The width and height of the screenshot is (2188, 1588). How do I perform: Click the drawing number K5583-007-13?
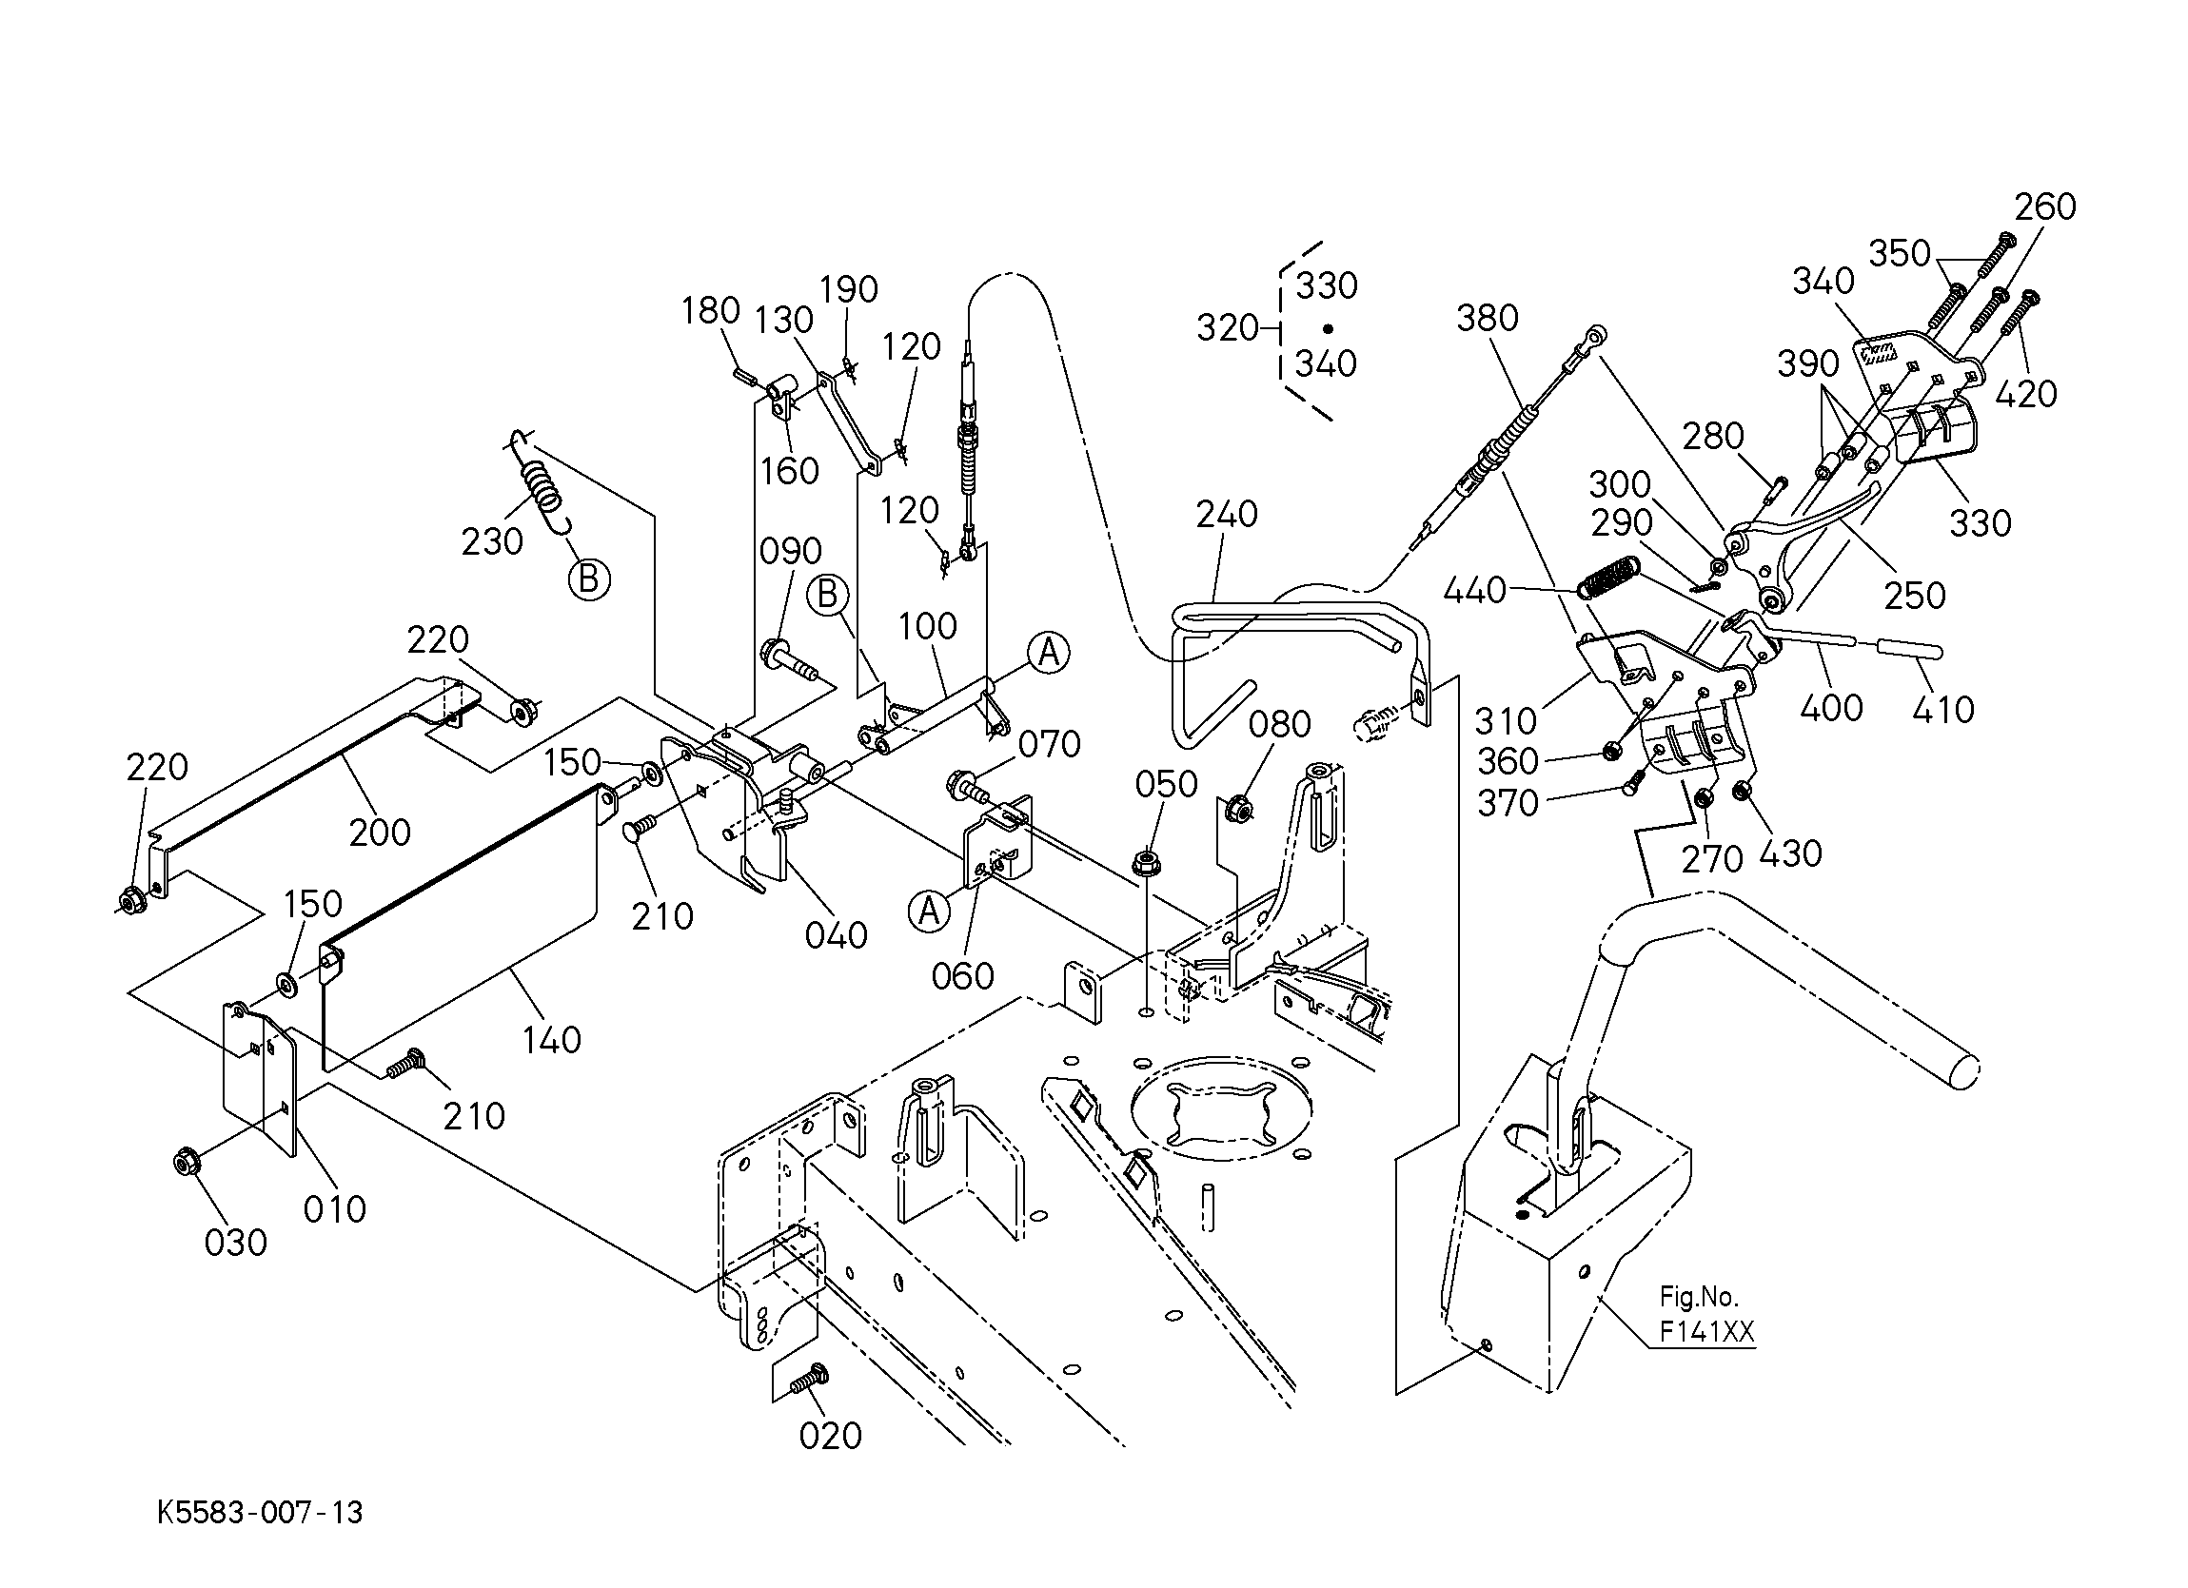[x=261, y=1512]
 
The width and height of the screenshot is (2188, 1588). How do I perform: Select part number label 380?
[x=1488, y=318]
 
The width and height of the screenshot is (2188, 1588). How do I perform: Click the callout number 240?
[x=1227, y=514]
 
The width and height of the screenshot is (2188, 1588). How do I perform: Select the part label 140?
[x=552, y=1040]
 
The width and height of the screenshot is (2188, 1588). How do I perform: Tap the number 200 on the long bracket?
[x=380, y=833]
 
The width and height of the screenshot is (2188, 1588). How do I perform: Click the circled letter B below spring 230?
[x=589, y=579]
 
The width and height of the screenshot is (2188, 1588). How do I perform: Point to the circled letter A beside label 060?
[x=928, y=910]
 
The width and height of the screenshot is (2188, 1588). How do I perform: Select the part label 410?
[x=1943, y=710]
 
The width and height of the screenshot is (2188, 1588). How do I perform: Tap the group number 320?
[x=1228, y=328]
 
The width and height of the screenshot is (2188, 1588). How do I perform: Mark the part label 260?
[x=2045, y=206]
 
